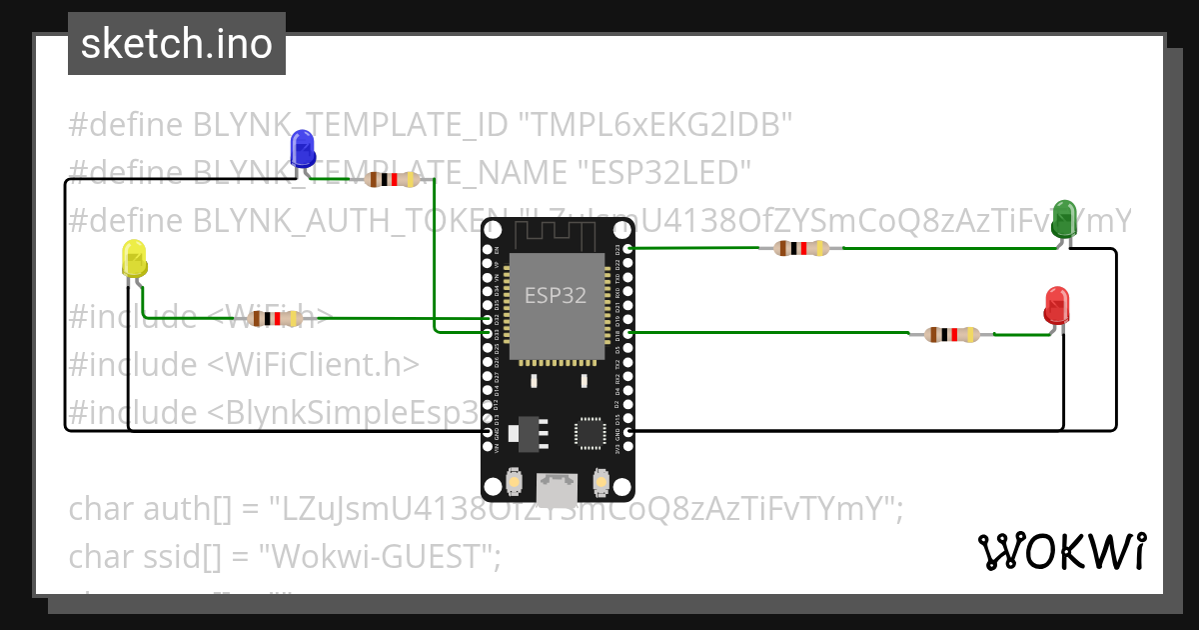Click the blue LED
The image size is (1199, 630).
tap(302, 149)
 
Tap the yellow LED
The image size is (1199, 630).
tap(134, 259)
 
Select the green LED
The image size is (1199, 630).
tap(1064, 219)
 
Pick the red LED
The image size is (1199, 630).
tap(1056, 305)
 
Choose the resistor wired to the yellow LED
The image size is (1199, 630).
tap(275, 319)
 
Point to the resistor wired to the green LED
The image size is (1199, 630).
tap(800, 248)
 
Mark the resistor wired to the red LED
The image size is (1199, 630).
tap(950, 335)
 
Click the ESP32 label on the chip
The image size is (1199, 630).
tap(556, 295)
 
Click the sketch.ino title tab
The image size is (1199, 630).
tap(177, 44)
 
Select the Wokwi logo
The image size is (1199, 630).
tap(1061, 551)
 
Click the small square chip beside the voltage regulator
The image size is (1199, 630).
tap(588, 433)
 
